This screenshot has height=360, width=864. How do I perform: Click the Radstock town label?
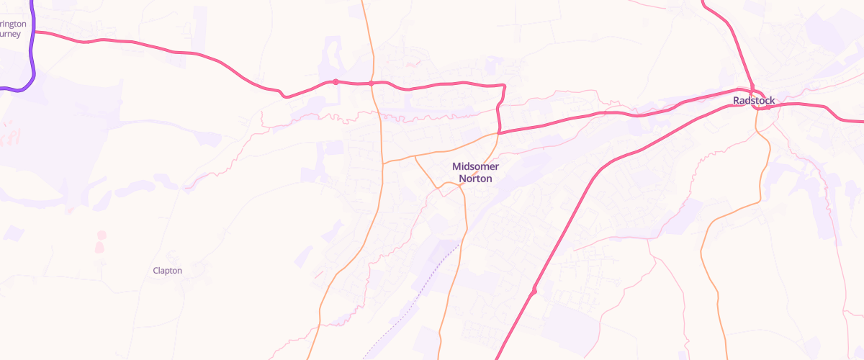pyautogui.click(x=754, y=101)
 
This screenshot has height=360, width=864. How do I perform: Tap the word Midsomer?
pyautogui.click(x=475, y=166)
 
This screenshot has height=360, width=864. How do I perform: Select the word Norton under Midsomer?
pyautogui.click(x=475, y=179)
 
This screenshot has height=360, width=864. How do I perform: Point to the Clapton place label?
pyautogui.click(x=168, y=271)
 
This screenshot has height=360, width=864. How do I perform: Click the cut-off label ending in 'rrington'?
pyautogui.click(x=14, y=24)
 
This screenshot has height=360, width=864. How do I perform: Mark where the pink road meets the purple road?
pyautogui.click(x=34, y=32)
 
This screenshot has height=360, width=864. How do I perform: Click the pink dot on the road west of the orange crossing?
pyautogui.click(x=336, y=81)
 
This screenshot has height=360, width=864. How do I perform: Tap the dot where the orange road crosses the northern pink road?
pyautogui.click(x=371, y=84)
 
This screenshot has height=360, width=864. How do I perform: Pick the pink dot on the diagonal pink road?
pyautogui.click(x=534, y=291)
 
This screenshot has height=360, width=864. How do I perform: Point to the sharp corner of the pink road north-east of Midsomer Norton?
pyautogui.click(x=503, y=86)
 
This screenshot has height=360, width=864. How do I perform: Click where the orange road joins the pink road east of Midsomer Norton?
pyautogui.click(x=498, y=133)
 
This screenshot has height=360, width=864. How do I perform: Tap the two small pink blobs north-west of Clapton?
pyautogui.click(x=100, y=241)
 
